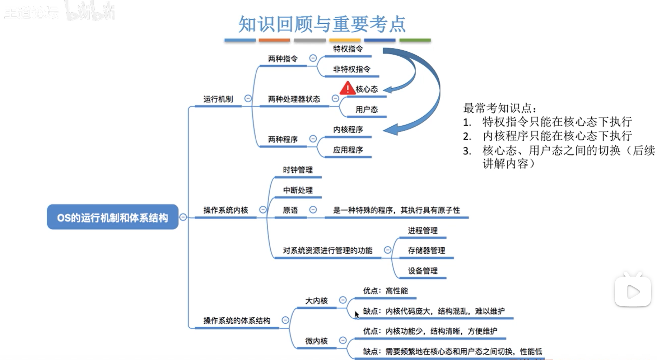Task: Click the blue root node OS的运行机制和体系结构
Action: (x=112, y=217)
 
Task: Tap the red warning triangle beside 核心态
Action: (x=347, y=88)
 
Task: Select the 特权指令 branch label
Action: (x=348, y=49)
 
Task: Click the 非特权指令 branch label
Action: (x=351, y=69)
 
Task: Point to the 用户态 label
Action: (x=366, y=109)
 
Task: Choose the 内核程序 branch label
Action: (x=348, y=130)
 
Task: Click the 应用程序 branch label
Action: (x=348, y=150)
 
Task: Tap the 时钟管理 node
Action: (x=297, y=170)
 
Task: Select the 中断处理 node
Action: (x=297, y=190)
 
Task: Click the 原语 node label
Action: (x=290, y=210)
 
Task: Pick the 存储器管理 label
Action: (x=426, y=251)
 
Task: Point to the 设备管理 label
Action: (x=422, y=271)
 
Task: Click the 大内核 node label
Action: (x=316, y=301)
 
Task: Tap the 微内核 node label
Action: (x=316, y=341)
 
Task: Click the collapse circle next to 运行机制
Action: (x=248, y=98)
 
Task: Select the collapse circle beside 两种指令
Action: (x=313, y=58)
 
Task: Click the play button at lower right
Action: (x=633, y=291)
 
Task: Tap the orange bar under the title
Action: (x=274, y=40)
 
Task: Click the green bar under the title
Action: (x=415, y=40)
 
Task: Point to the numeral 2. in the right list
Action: (x=467, y=136)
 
